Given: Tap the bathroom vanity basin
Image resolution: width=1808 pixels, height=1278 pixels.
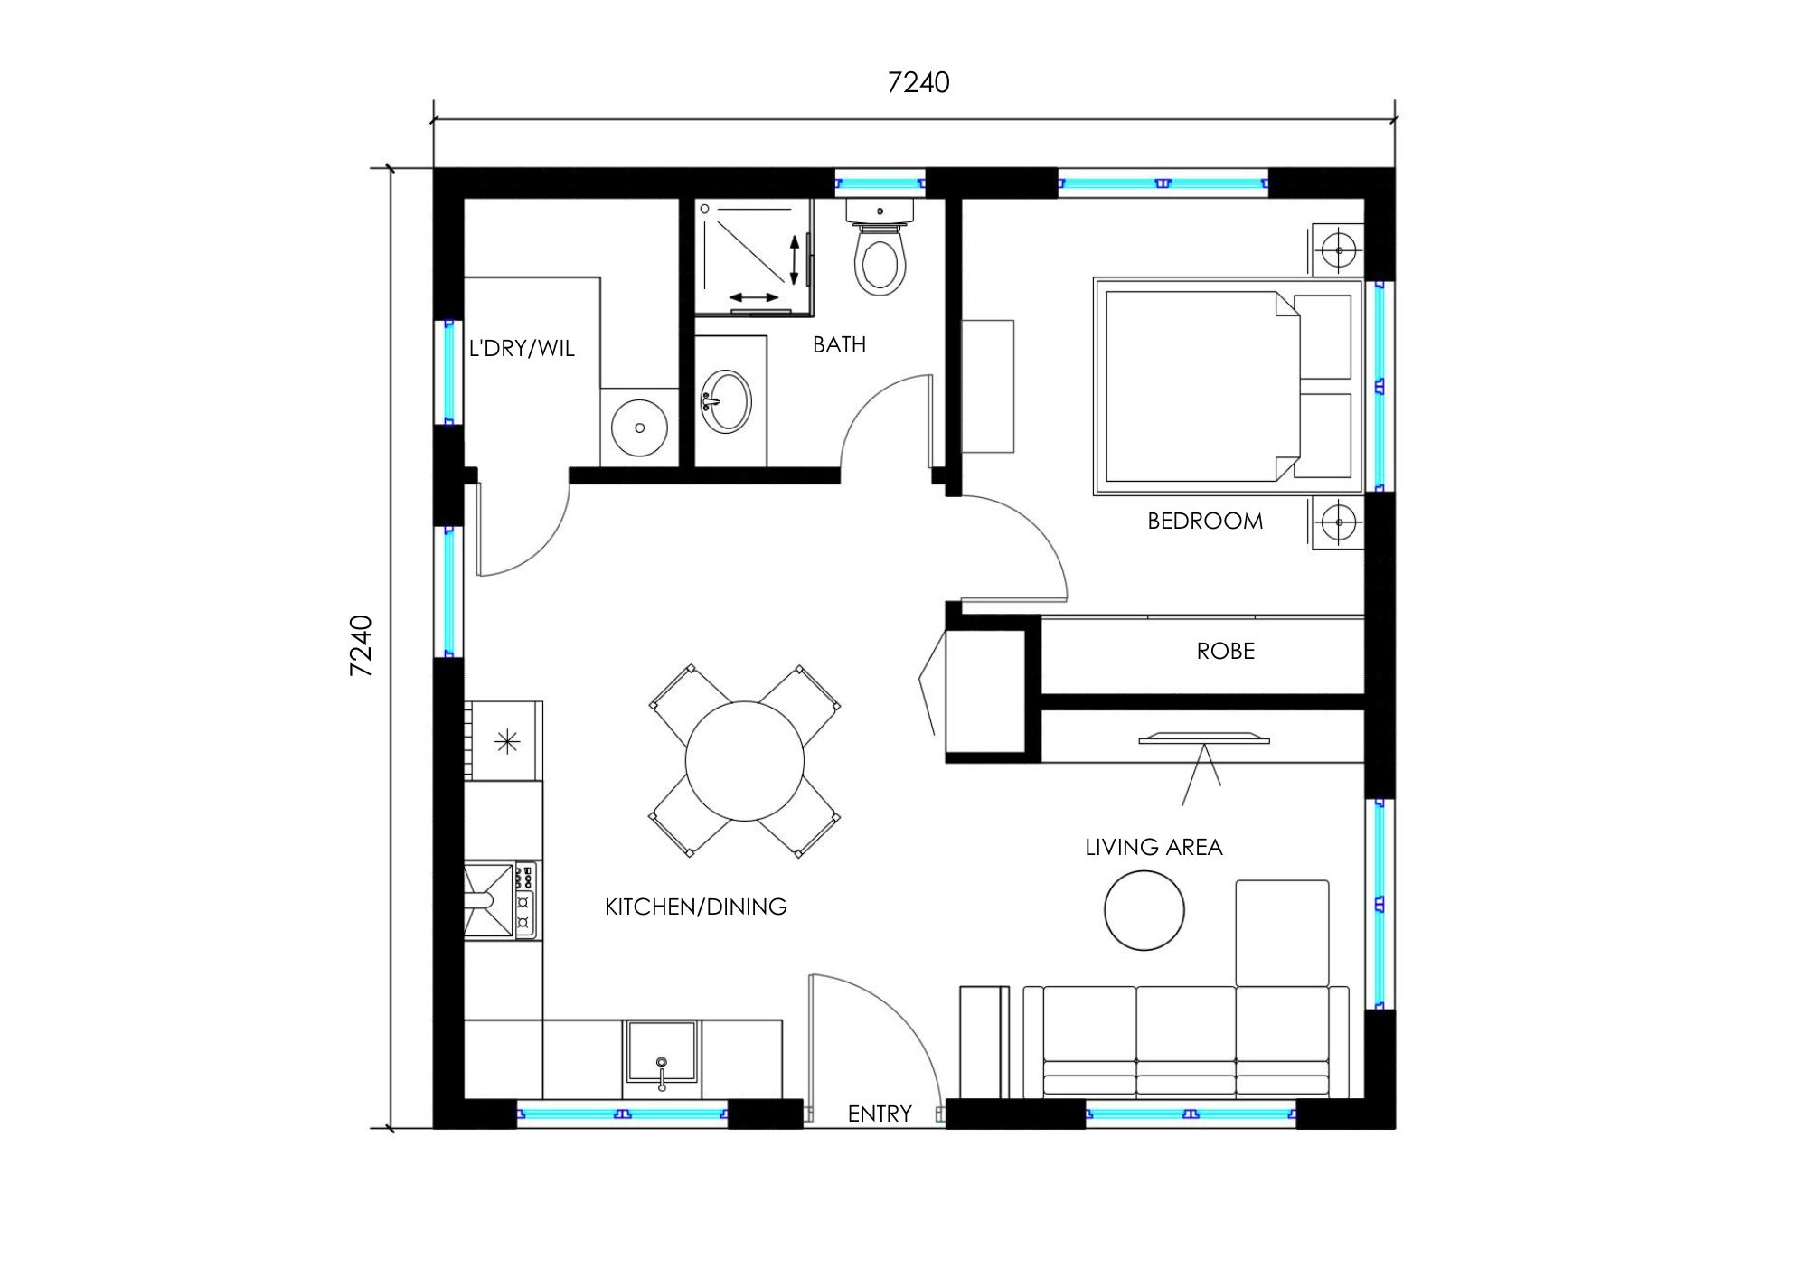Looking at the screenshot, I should point(726,400).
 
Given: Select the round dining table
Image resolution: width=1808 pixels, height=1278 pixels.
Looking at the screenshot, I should point(744,761).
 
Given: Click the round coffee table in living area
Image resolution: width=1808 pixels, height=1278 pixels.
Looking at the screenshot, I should point(1144,910).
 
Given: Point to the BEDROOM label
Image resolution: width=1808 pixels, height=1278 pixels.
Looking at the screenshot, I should point(1204,522).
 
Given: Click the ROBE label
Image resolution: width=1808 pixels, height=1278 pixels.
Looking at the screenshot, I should point(1225,652).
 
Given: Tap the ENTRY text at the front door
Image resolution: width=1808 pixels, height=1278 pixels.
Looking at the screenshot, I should point(879,1114).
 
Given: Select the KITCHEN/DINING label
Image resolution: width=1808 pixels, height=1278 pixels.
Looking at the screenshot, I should point(695,907).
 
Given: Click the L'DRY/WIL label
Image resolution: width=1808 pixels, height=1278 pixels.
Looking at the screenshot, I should point(522,349).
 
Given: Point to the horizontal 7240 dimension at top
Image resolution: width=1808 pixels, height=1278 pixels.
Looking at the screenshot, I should point(918,83).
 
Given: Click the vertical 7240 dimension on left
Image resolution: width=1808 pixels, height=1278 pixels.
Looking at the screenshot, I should point(361,645).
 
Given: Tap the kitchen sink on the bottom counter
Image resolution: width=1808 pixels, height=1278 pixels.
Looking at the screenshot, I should point(662,1052).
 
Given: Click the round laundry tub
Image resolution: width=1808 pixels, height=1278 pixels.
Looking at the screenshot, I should point(639,428).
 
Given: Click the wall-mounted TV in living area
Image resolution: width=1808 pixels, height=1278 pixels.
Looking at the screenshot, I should point(1203,739).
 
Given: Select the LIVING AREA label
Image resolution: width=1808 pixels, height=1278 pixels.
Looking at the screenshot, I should point(1154,848).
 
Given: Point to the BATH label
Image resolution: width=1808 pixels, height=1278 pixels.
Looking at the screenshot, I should point(839,345).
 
